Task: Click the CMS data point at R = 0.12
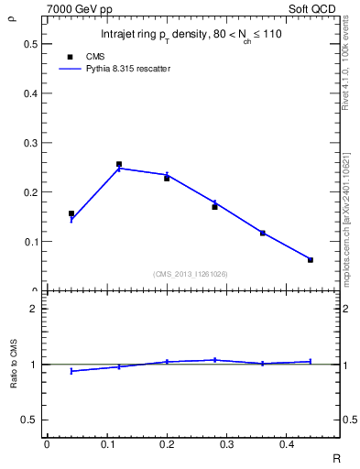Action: (119, 164)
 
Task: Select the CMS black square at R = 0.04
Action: (71, 213)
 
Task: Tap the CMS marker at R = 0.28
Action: (214, 207)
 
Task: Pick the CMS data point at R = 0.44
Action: (311, 259)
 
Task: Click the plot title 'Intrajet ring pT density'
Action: (183, 35)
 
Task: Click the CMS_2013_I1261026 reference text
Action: (190, 274)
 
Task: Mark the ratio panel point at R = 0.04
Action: (71, 371)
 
